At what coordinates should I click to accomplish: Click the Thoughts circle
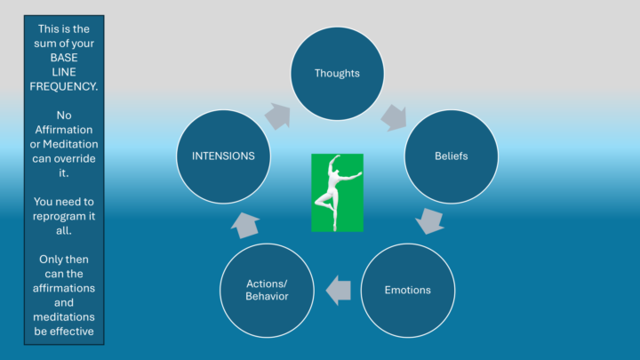(x=337, y=74)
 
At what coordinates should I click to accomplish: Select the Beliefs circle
(x=451, y=156)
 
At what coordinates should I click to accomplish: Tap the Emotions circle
(x=408, y=290)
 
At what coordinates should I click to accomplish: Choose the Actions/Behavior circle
(x=267, y=290)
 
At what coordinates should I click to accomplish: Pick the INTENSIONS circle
(x=223, y=156)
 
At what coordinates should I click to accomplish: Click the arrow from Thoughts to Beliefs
(x=394, y=117)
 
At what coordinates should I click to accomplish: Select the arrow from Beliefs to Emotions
(x=430, y=220)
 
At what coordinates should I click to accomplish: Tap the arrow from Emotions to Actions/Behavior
(x=338, y=290)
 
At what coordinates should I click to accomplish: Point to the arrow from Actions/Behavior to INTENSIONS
(x=245, y=225)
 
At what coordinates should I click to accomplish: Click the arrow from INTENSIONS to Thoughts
(x=278, y=116)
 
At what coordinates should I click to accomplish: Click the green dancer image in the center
(x=337, y=193)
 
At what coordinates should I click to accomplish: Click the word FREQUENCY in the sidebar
(x=63, y=86)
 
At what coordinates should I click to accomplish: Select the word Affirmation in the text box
(x=64, y=130)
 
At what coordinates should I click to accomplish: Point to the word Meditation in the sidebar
(x=70, y=144)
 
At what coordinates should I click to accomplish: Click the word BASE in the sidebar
(x=64, y=58)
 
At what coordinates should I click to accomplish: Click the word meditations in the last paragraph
(x=64, y=317)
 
